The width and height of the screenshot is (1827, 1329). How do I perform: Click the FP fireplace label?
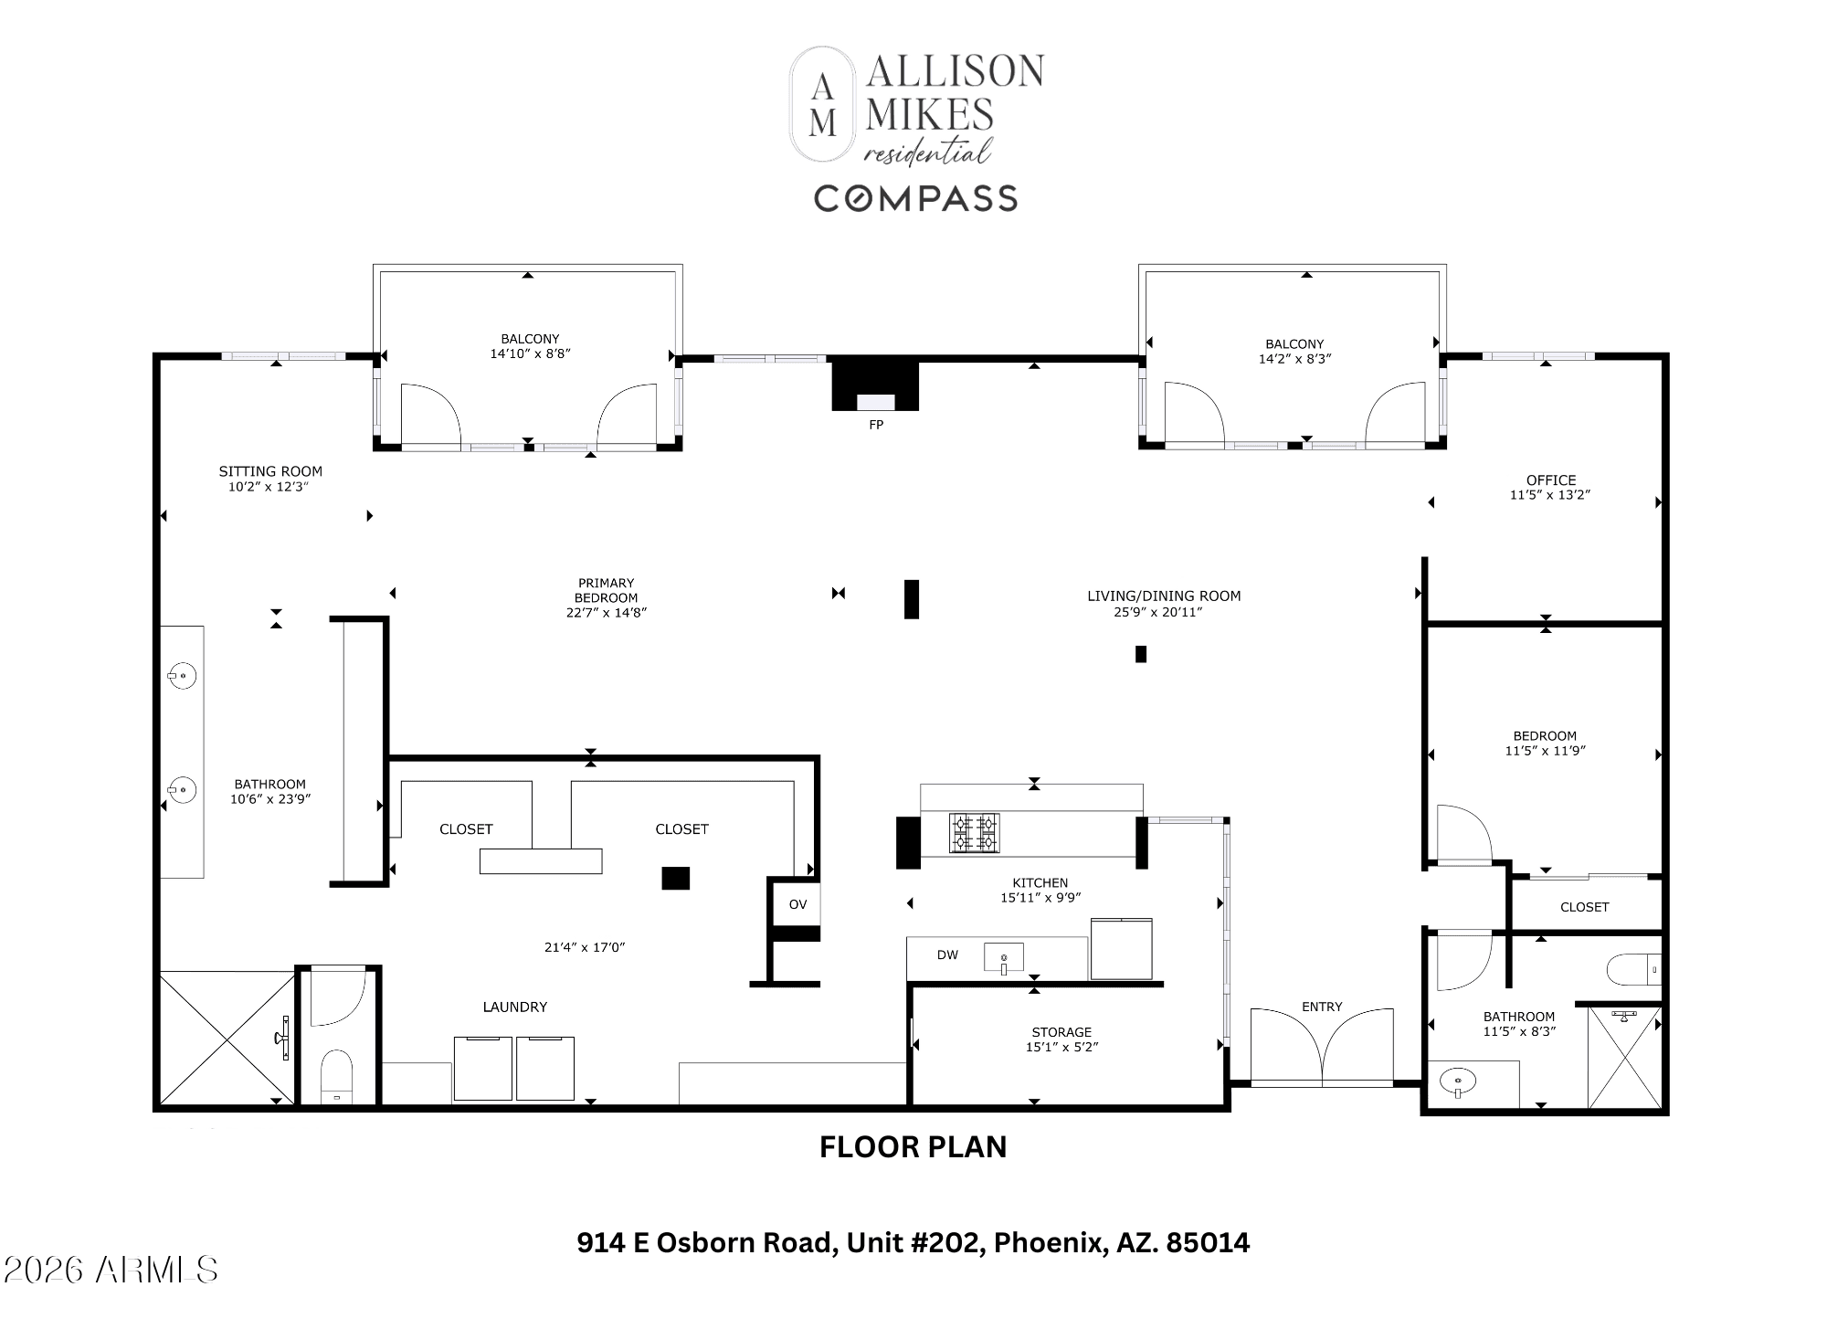coord(876,425)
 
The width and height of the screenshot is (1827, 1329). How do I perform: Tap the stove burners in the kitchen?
coord(974,833)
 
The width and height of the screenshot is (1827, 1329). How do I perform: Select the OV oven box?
coord(797,904)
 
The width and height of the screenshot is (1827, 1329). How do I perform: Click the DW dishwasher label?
coord(947,955)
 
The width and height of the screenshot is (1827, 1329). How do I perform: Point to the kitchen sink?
coord(1003,958)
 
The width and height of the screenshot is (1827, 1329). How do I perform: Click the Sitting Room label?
coord(270,471)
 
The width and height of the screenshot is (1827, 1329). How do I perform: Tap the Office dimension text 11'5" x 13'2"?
coord(1550,495)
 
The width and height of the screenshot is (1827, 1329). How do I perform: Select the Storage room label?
coord(1061,1032)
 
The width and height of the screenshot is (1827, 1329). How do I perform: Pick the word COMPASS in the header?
coord(915,198)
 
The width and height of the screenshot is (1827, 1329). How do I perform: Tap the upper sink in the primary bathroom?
coord(182,677)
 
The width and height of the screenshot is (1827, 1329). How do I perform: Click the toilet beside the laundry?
coord(337,1076)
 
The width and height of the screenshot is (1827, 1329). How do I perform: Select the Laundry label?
coord(515,1007)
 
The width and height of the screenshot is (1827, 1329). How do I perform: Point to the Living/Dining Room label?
coord(1164,596)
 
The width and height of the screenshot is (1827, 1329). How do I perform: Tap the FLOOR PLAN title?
coord(913,1147)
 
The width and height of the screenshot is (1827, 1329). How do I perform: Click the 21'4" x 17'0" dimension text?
coord(585,947)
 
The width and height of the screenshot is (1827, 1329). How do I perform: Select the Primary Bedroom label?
coord(606,590)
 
